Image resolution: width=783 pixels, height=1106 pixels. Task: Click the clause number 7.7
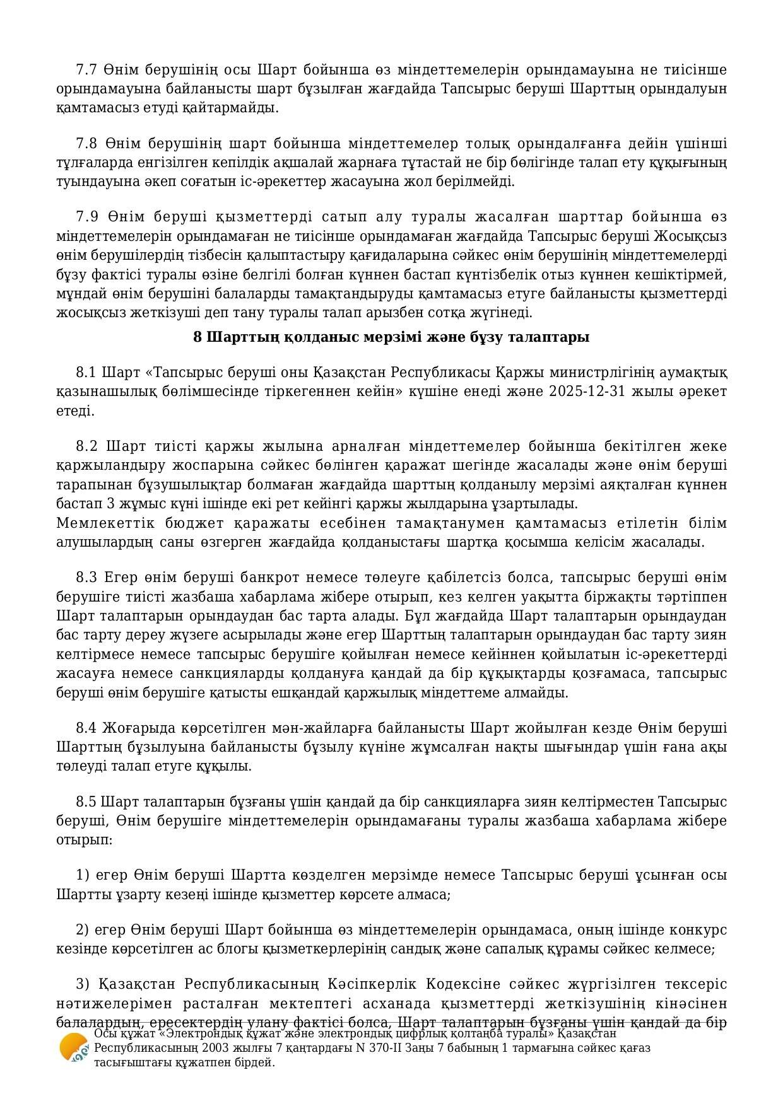coord(86,69)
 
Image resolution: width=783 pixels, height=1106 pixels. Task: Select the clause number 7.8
coord(86,143)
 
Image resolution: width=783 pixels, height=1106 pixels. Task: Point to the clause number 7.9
coord(86,217)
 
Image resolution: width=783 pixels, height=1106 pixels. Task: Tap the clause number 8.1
coord(86,372)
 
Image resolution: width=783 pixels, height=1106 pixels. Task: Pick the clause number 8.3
coord(86,578)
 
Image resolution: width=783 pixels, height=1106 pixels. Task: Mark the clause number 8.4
coord(86,728)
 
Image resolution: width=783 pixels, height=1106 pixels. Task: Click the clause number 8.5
coord(86,801)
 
